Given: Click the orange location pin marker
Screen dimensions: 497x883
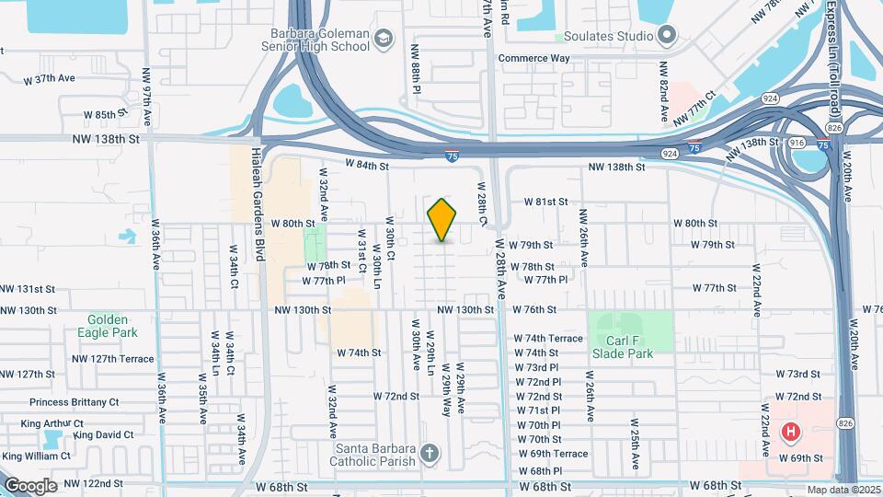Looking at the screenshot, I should [x=442, y=219].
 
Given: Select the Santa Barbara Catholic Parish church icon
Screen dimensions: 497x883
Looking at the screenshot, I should [x=429, y=453].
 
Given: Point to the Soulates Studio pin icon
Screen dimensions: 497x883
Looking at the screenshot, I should [x=668, y=36].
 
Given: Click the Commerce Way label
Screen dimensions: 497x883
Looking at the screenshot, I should [x=533, y=58].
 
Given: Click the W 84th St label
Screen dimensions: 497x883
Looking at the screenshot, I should [x=368, y=166].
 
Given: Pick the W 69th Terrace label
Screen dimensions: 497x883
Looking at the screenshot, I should [x=552, y=454].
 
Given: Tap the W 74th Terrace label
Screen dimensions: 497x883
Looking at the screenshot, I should [x=548, y=338].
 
